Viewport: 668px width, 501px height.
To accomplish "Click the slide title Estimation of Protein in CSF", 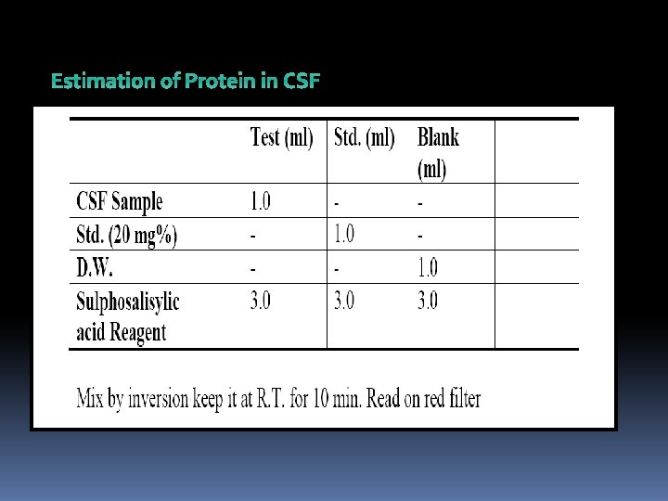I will (x=185, y=82).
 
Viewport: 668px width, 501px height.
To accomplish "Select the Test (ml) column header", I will (x=282, y=139).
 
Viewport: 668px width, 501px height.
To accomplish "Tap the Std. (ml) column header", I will (x=365, y=139).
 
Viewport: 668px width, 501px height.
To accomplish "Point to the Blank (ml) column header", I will (x=437, y=153).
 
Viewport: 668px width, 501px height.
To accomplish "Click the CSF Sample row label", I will (x=119, y=201).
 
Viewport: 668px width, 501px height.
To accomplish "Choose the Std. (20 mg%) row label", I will (x=126, y=234).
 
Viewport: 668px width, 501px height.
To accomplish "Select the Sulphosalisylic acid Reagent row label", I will (x=127, y=315).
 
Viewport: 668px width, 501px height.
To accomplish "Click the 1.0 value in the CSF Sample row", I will (x=261, y=200).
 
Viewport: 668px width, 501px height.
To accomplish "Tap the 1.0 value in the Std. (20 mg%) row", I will (x=343, y=234).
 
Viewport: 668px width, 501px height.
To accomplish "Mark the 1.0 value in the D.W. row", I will (x=427, y=267).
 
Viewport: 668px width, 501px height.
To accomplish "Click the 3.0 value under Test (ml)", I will (x=261, y=301).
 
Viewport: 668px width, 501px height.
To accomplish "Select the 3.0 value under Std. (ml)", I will (x=343, y=301).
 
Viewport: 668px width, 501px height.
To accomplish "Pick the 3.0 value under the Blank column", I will (x=427, y=301).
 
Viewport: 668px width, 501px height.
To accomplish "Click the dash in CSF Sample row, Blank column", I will (x=420, y=201).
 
